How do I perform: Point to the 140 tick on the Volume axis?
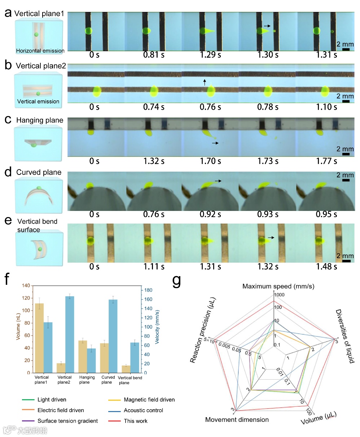coord(26,286)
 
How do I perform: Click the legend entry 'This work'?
coord(136,421)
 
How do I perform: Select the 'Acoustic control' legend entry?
coord(143,410)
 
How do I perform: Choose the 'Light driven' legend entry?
coord(52,400)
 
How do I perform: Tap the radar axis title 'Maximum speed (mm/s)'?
coord(278,286)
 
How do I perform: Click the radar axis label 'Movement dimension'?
coord(237,420)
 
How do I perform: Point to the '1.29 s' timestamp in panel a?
coord(211,55)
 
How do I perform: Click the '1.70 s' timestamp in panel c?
coord(211,161)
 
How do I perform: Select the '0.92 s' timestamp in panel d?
coord(211,214)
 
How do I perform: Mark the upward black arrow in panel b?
coord(205,82)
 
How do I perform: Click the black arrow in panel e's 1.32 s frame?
coord(271,238)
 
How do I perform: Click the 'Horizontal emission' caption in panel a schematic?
coord(40,51)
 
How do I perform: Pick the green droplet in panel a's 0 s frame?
coord(89,31)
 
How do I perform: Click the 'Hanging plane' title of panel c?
coord(40,120)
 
